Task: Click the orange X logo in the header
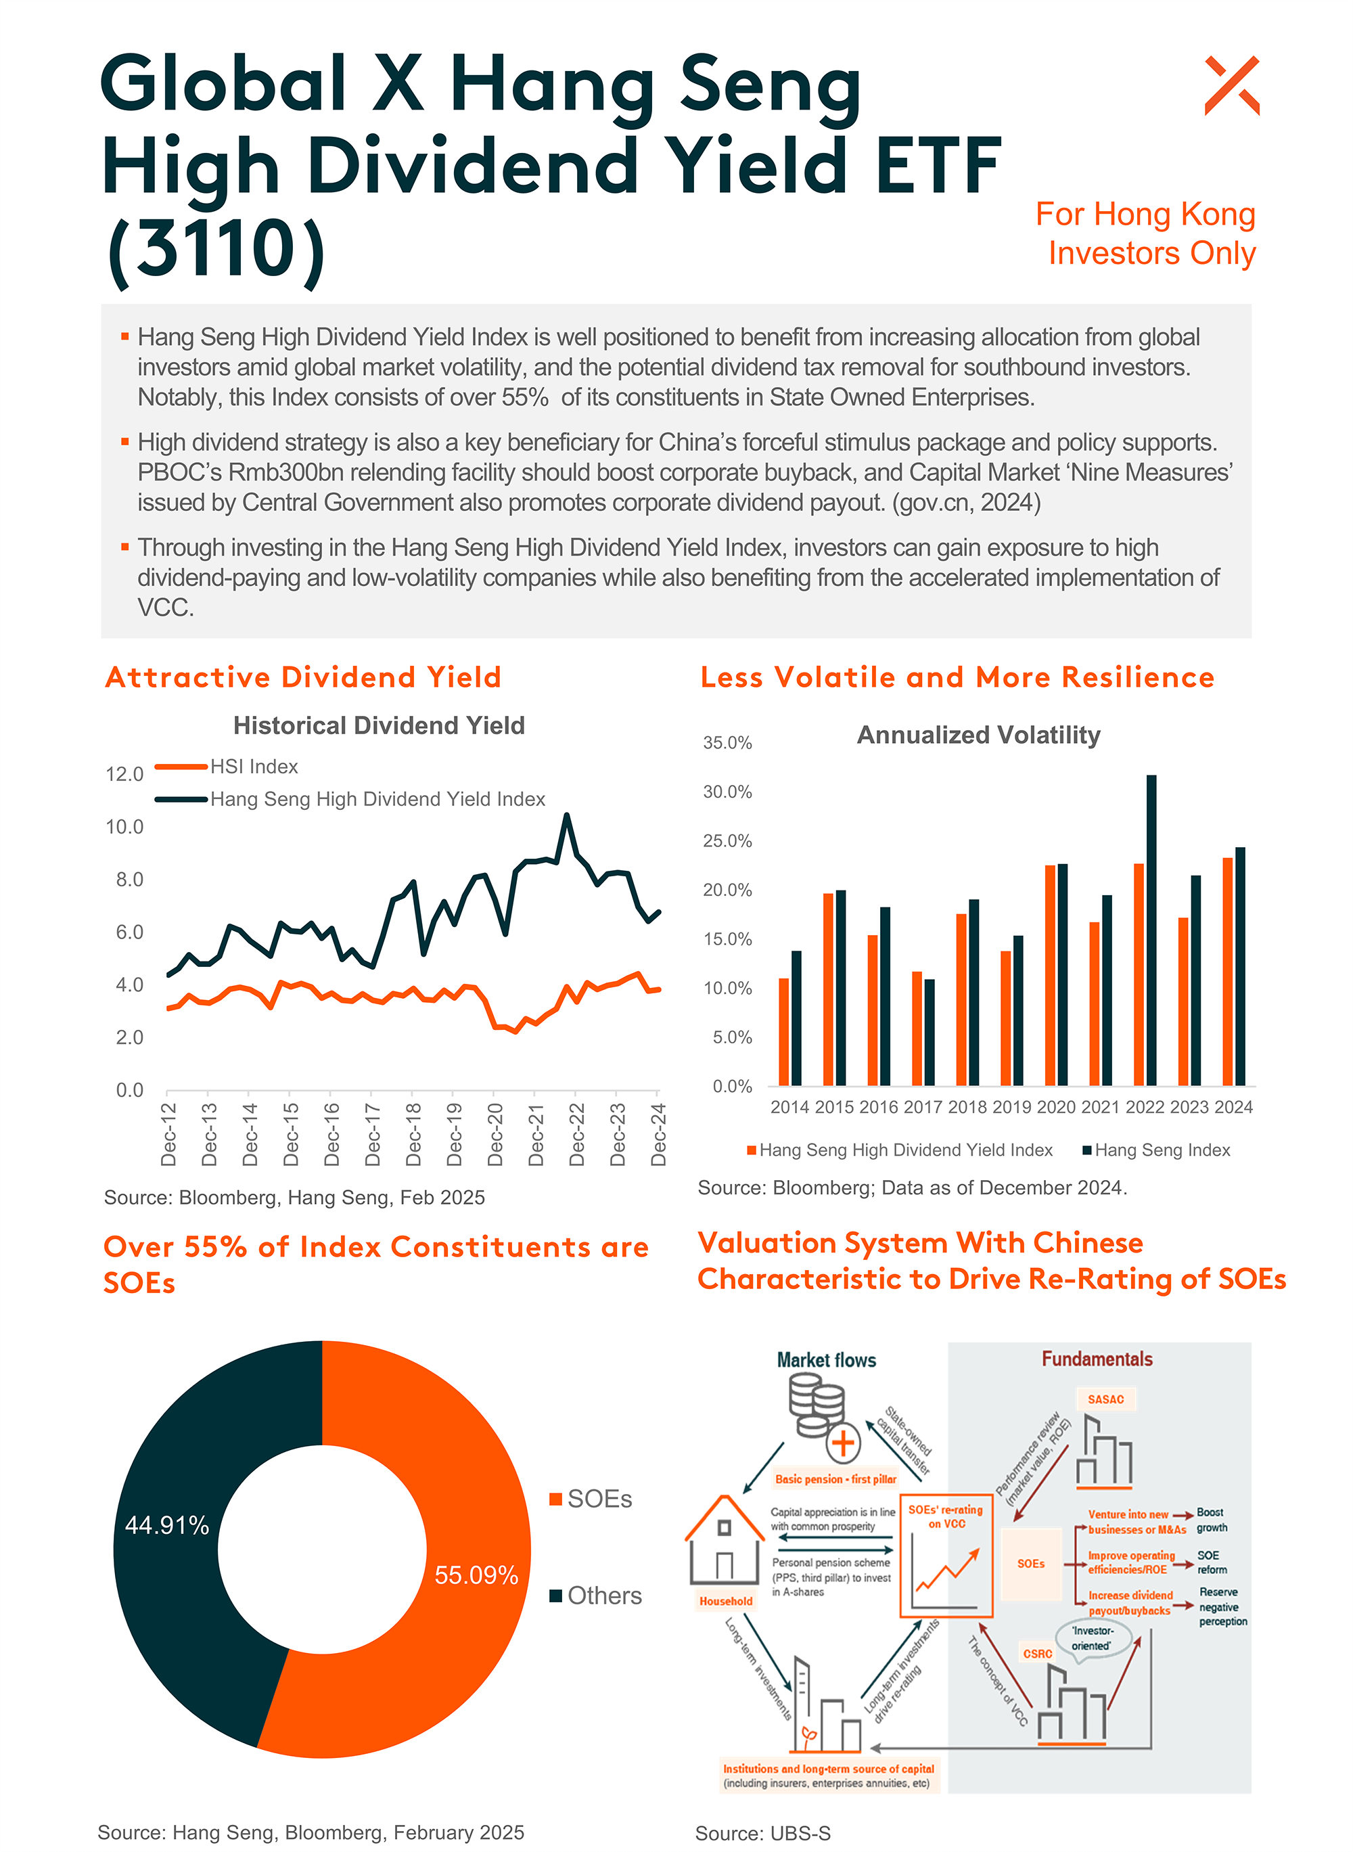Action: click(x=1231, y=85)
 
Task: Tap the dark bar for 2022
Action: click(x=1151, y=930)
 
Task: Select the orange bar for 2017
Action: click(x=917, y=1028)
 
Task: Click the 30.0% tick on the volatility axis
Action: click(x=727, y=792)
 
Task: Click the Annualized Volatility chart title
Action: click(x=978, y=735)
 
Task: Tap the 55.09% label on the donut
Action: click(x=476, y=1575)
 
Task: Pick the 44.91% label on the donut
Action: click(x=167, y=1525)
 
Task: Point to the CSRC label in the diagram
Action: click(x=1037, y=1654)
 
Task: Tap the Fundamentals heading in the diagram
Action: click(x=1097, y=1359)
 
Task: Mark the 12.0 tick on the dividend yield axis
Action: click(x=124, y=774)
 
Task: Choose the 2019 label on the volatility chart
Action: click(x=1011, y=1106)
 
